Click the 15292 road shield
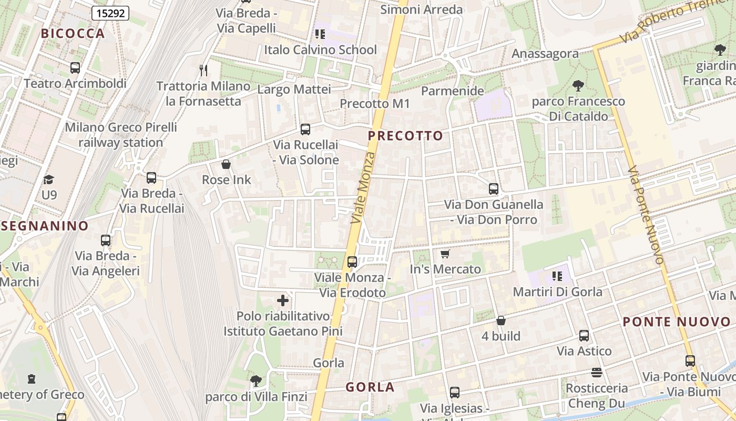(110, 13)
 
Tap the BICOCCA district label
(73, 34)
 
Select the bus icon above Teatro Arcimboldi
(75, 68)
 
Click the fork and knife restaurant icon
(203, 70)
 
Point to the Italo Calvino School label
(320, 50)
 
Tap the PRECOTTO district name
(405, 136)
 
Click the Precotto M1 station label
(374, 104)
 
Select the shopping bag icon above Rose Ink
(226, 165)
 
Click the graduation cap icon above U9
(49, 179)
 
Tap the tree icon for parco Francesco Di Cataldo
(578, 85)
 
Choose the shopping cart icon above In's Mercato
(445, 254)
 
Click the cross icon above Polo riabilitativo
(283, 300)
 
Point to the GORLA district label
(370, 387)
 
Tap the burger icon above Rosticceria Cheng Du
(596, 373)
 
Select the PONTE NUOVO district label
(677, 322)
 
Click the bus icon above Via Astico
(584, 336)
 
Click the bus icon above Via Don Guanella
(493, 189)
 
